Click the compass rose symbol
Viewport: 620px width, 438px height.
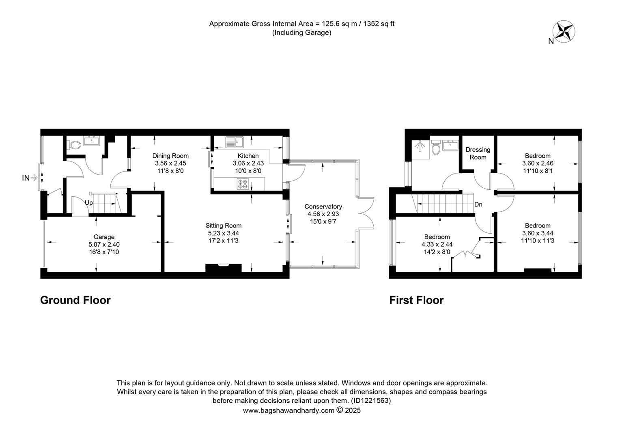pyautogui.click(x=564, y=32)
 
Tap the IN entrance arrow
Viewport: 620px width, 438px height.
pyautogui.click(x=34, y=178)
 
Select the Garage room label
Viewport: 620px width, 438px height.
pyautogui.click(x=104, y=237)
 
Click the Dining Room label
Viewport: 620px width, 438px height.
pyautogui.click(x=170, y=156)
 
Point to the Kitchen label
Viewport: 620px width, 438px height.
pyautogui.click(x=248, y=156)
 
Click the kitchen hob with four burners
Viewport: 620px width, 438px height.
pyautogui.click(x=243, y=184)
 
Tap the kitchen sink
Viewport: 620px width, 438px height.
pyautogui.click(x=235, y=142)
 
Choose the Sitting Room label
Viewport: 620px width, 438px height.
pyautogui.click(x=223, y=225)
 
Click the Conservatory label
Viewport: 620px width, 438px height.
pyautogui.click(x=323, y=206)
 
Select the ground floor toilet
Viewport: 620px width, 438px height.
pyautogui.click(x=74, y=145)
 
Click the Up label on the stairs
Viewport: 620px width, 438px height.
pyautogui.click(x=88, y=203)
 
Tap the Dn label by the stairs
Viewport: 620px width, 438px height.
pyautogui.click(x=478, y=204)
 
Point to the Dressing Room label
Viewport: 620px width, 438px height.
pyautogui.click(x=478, y=153)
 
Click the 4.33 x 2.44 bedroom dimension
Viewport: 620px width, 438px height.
pyautogui.click(x=437, y=244)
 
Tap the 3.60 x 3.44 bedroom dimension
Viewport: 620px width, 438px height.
pyautogui.click(x=538, y=233)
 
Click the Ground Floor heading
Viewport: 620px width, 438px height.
pyautogui.click(x=75, y=300)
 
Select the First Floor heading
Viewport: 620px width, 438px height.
pyautogui.click(x=416, y=300)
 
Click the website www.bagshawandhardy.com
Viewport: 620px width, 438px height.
pyautogui.click(x=288, y=410)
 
